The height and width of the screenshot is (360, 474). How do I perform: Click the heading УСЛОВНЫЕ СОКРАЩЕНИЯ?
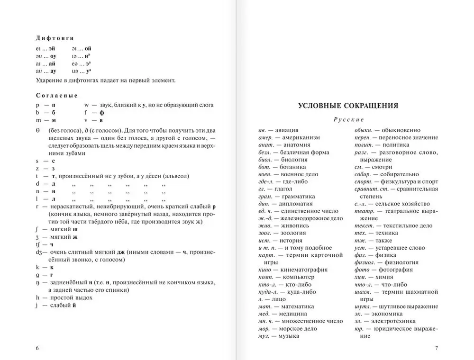click(347, 106)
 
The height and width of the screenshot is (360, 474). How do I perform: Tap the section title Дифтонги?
click(55, 38)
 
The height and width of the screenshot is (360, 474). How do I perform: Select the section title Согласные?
click(56, 95)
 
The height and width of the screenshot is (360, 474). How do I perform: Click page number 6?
click(37, 349)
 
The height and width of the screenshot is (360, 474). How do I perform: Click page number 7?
click(436, 349)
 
